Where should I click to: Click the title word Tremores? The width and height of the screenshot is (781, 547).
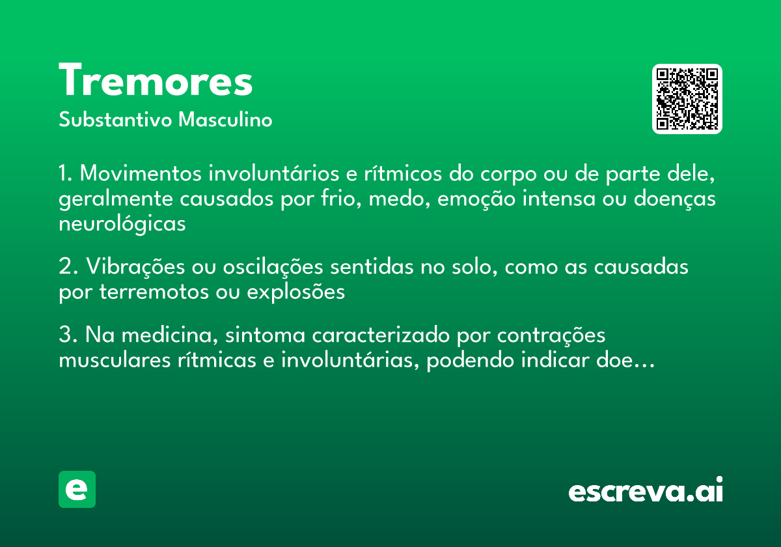156,81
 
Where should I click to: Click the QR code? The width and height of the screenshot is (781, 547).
687,99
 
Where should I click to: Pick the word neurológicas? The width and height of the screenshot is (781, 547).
122,224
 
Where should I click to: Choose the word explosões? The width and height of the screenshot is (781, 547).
295,292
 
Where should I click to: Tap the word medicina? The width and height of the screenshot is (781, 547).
169,336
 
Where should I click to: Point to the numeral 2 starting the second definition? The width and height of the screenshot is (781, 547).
64,268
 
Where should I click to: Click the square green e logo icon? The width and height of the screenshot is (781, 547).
77,489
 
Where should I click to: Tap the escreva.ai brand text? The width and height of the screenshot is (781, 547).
646,491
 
